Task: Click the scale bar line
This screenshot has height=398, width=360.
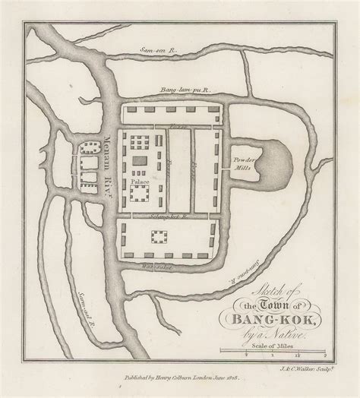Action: (x=273, y=349)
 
